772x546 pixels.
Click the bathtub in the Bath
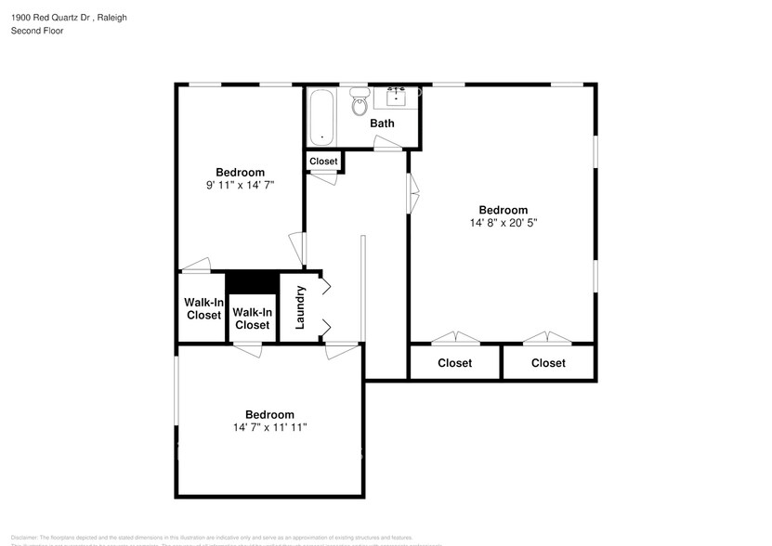coord(322,117)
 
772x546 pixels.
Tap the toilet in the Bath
coord(360,105)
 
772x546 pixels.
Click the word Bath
coord(382,123)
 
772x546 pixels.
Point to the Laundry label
coord(300,307)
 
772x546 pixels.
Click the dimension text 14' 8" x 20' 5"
coord(504,224)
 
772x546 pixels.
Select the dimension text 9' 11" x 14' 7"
coord(240,186)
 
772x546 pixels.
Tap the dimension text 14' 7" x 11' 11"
coord(269,428)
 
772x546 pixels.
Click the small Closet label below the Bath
coord(323,162)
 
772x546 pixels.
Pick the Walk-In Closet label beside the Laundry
coord(252,318)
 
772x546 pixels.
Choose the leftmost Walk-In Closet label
coord(203,309)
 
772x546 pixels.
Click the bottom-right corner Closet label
coord(548,363)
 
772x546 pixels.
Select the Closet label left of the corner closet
coord(454,363)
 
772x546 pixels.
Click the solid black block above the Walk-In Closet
coord(253,281)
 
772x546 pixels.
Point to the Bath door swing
coord(387,143)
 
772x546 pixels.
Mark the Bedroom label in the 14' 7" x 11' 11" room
coord(269,415)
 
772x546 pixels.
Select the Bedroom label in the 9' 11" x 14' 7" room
coord(240,173)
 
